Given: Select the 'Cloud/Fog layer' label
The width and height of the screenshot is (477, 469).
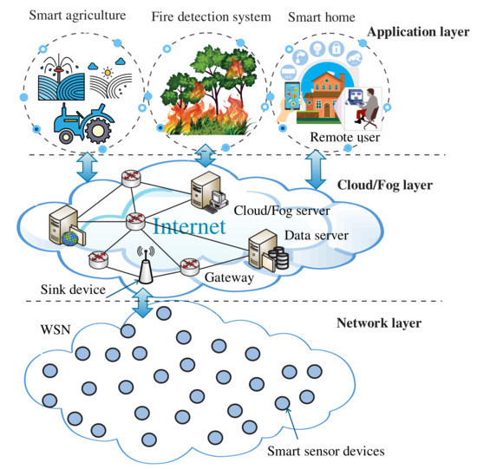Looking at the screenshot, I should pyautogui.click(x=385, y=185).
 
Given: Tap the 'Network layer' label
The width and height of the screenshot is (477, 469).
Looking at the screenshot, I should pyautogui.click(x=378, y=323).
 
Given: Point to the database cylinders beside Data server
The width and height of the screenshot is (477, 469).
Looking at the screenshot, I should pyautogui.click(x=278, y=256).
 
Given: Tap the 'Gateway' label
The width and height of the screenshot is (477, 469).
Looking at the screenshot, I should pyautogui.click(x=229, y=279).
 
